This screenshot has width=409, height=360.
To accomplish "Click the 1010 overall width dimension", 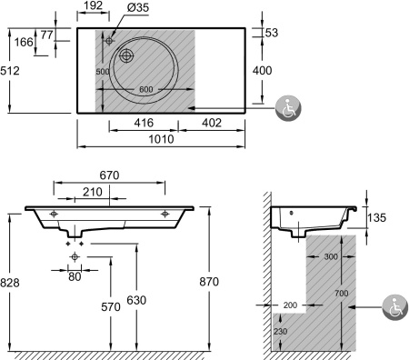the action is point(161,139).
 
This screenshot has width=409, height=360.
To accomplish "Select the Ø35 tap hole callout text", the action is point(138,7).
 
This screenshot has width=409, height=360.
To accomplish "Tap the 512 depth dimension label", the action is point(10,71).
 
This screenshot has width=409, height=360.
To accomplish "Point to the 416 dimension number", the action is point(144,123).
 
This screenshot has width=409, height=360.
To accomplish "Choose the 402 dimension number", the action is point(212,123).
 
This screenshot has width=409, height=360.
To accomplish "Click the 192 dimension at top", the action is point(93,5).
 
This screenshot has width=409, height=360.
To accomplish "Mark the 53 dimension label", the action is point(272,33).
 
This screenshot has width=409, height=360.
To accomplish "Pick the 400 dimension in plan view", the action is point(263,71).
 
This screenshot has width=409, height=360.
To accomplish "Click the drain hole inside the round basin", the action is point(126,55).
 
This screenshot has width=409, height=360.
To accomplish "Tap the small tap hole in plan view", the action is point(109,40).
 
